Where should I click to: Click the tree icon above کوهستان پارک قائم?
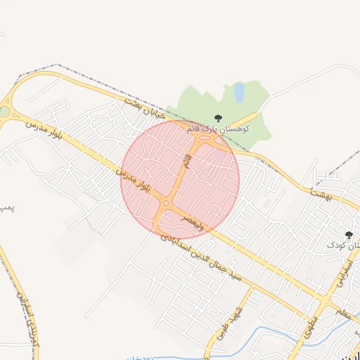tap(217, 118)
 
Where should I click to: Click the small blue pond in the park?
tap(239, 91)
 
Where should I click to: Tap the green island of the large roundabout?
tap(5, 112)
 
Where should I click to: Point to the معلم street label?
tap(343, 314)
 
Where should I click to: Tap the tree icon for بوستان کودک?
tap(348, 235)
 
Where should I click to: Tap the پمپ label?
tap(6, 207)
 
